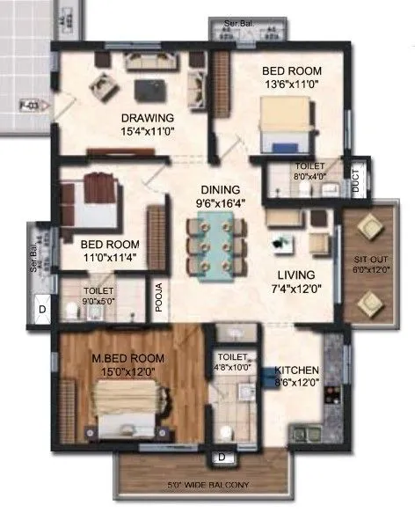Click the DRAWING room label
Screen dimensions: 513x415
pos(148,118)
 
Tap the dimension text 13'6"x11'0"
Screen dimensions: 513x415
pos(291,86)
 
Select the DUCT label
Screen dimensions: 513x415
pos(355,181)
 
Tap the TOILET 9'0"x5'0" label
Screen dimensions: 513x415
pos(98,294)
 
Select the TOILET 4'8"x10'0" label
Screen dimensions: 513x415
pos(235,362)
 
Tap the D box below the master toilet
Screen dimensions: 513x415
pos(222,458)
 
